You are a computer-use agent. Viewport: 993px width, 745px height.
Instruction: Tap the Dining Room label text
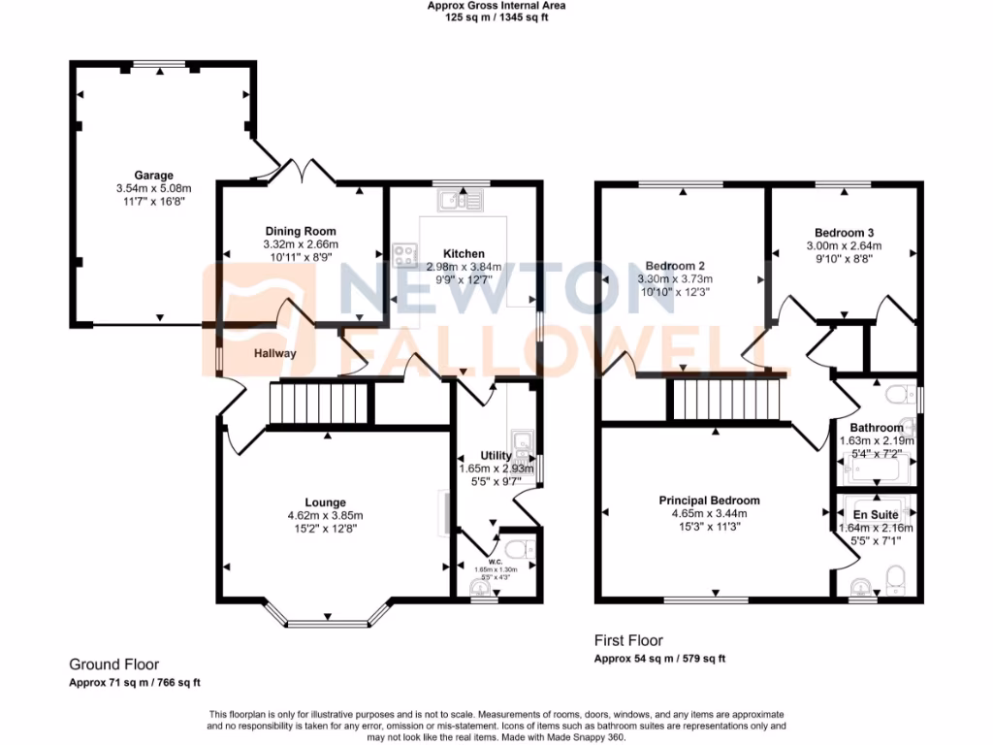(301, 231)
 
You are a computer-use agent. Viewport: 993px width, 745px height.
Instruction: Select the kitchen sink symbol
(460, 201)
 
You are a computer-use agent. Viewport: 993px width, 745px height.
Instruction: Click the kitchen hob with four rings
(405, 257)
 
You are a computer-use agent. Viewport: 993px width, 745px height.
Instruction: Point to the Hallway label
(275, 354)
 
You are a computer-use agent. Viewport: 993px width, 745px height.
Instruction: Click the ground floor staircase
(319, 404)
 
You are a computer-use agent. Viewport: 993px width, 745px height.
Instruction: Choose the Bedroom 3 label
(844, 233)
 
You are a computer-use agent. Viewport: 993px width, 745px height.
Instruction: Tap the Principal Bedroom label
(709, 501)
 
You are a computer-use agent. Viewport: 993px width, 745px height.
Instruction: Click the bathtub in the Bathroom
(877, 472)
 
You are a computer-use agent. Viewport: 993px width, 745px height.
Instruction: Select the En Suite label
(875, 515)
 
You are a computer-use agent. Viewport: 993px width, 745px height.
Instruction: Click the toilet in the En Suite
(896, 578)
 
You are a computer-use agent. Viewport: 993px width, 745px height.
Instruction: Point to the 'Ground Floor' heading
(113, 665)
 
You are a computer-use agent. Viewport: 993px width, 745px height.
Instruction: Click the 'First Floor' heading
(628, 641)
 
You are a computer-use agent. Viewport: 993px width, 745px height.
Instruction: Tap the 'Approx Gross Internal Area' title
(496, 6)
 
